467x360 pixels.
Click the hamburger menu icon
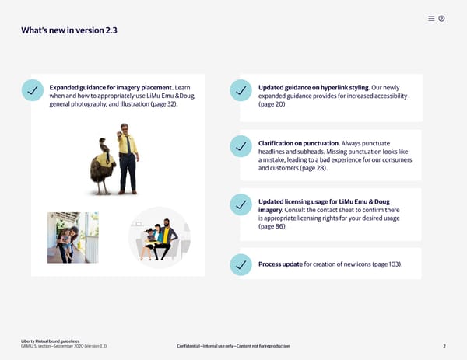[431, 19]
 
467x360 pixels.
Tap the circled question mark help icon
[441, 19]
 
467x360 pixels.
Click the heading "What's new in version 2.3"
[69, 30]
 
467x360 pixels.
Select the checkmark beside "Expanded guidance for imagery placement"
[33, 90]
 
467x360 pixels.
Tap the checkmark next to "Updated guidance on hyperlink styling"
[241, 90]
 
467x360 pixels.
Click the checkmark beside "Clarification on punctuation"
[241, 146]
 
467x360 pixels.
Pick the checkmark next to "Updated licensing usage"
[241, 204]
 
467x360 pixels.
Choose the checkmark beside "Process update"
[241, 265]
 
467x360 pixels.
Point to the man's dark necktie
[128, 145]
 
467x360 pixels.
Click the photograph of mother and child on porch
[73, 237]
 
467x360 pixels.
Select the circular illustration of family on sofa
[160, 237]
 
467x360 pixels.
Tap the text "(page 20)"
[272, 104]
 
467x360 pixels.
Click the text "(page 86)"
[272, 226]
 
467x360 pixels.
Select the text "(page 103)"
[386, 264]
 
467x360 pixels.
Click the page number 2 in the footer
[444, 346]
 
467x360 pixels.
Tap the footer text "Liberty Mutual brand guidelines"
[51, 341]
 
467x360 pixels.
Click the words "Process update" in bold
[280, 264]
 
